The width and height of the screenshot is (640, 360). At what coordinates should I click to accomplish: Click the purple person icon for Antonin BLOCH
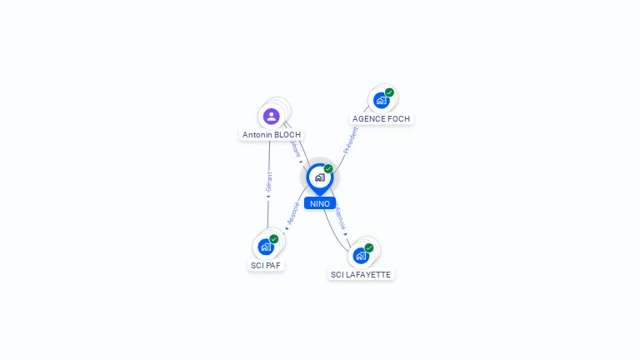[271, 116]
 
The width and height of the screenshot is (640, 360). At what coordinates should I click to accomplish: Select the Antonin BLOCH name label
[272, 134]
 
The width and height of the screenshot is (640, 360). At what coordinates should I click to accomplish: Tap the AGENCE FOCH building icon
[381, 101]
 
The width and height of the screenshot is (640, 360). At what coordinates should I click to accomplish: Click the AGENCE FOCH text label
[381, 118]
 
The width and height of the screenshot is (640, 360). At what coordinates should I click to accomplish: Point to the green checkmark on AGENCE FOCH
[389, 92]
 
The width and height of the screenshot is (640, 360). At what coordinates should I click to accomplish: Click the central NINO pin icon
[319, 177]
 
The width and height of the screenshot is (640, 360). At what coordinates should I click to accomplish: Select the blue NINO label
[319, 203]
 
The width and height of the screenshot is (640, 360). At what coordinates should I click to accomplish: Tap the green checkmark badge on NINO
[328, 169]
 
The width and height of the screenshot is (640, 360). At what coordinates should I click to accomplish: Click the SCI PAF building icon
[266, 247]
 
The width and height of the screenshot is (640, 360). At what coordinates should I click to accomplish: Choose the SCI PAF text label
[266, 265]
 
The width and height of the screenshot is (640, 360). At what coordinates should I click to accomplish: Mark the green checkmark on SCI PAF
[274, 239]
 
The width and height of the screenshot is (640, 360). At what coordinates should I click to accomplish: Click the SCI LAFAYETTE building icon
[360, 255]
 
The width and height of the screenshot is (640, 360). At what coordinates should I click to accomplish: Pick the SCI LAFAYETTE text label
[360, 274]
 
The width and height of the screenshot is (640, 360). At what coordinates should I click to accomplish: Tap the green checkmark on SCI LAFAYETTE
[369, 247]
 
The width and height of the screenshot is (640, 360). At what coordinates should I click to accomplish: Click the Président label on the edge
[350, 140]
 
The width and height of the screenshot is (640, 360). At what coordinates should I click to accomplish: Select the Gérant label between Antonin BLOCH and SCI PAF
[268, 182]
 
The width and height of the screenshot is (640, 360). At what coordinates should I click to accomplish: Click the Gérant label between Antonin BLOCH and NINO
[294, 149]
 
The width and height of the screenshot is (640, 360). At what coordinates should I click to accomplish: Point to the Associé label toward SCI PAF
[292, 213]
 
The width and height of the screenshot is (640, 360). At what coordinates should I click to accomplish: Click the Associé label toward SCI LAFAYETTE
[340, 218]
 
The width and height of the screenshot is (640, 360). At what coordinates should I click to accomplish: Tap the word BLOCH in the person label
[287, 134]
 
